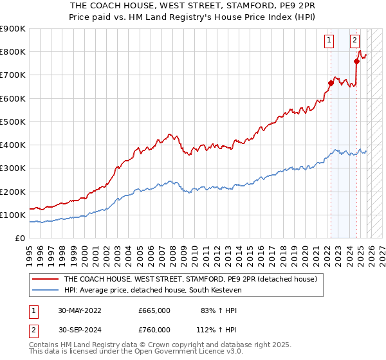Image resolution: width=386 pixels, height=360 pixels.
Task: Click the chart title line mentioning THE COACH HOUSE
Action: coord(193,5)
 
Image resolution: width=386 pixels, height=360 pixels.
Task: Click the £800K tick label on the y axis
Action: coord(13,52)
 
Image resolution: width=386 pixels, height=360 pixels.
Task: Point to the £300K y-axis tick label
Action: coord(13,168)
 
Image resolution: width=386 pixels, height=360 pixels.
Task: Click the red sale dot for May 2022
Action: coord(331,83)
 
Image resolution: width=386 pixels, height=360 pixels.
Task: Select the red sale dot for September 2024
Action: coord(356,61)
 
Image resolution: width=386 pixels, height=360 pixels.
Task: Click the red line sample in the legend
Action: coord(45,280)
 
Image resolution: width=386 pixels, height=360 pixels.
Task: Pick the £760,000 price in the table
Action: coord(154,329)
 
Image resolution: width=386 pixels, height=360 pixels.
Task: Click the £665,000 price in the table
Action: coord(154,310)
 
